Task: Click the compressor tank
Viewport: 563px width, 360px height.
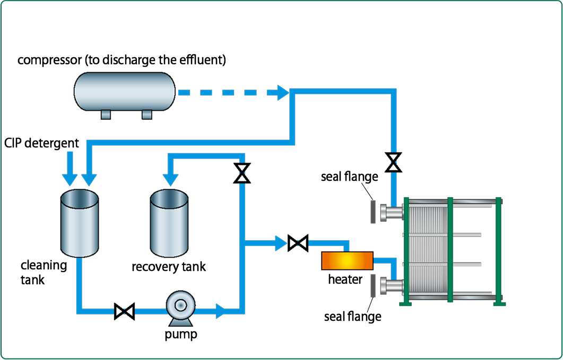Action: pyautogui.click(x=125, y=92)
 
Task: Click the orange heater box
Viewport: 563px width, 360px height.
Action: pyautogui.click(x=347, y=261)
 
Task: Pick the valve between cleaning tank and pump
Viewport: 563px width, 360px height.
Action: pyautogui.click(x=125, y=311)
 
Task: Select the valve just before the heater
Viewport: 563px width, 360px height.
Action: pyautogui.click(x=298, y=243)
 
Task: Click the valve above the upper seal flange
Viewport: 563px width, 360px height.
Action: pyautogui.click(x=393, y=162)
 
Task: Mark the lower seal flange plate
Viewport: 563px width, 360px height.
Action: pyautogui.click(x=373, y=287)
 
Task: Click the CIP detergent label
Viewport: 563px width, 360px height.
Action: pyautogui.click(x=41, y=143)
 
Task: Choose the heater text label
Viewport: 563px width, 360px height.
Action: pyautogui.click(x=345, y=279)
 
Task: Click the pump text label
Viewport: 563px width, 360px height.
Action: pyautogui.click(x=181, y=334)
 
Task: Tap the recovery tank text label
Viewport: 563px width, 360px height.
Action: pyautogui.click(x=169, y=266)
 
